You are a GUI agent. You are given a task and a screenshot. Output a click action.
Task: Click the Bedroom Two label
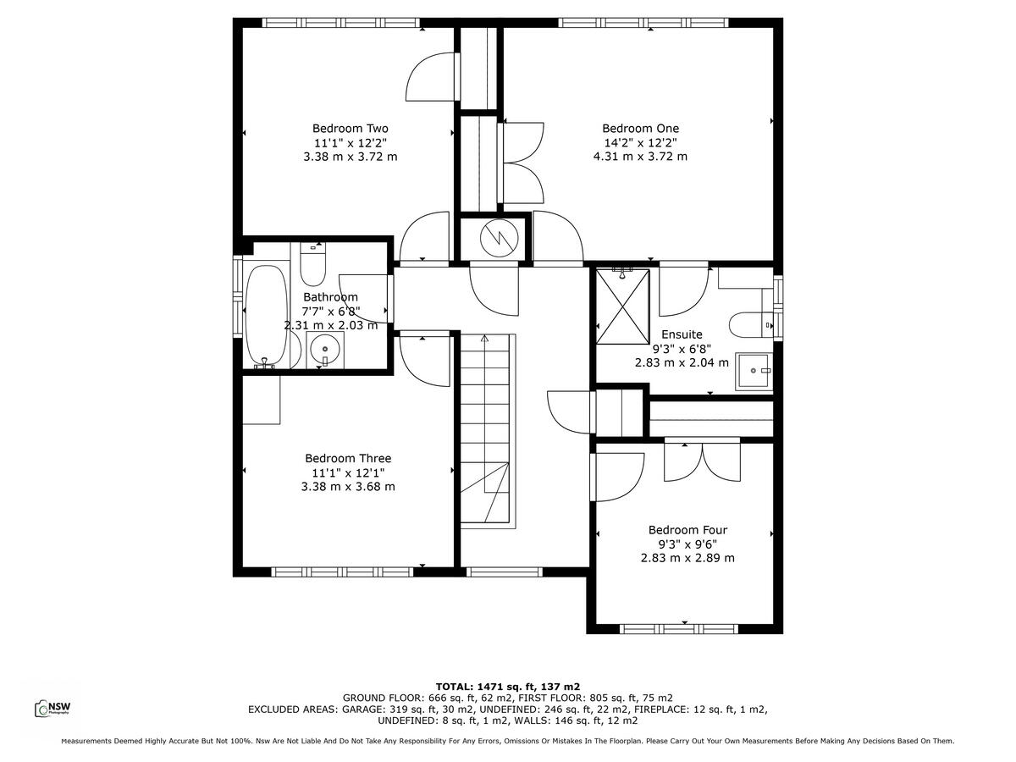(x=350, y=129)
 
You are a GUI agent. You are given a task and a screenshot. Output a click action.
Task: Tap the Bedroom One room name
(x=640, y=129)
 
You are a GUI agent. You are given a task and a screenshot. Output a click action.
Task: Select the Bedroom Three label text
(x=348, y=458)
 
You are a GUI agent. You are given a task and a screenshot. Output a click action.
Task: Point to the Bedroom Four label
(x=687, y=530)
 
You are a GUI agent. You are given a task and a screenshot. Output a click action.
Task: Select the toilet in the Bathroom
(x=312, y=264)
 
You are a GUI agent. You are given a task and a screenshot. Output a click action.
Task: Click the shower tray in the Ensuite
(x=622, y=306)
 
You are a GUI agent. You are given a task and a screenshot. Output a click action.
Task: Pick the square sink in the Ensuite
(x=754, y=371)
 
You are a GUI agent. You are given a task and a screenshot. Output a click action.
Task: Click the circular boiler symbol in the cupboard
(x=496, y=238)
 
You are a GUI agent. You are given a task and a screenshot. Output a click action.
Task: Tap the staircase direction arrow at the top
(x=485, y=340)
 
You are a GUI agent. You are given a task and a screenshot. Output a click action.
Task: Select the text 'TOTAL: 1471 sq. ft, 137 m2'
(x=507, y=687)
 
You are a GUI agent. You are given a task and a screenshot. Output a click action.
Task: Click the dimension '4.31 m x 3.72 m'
(x=640, y=157)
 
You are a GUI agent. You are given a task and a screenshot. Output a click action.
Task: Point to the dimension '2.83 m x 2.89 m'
(x=687, y=558)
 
